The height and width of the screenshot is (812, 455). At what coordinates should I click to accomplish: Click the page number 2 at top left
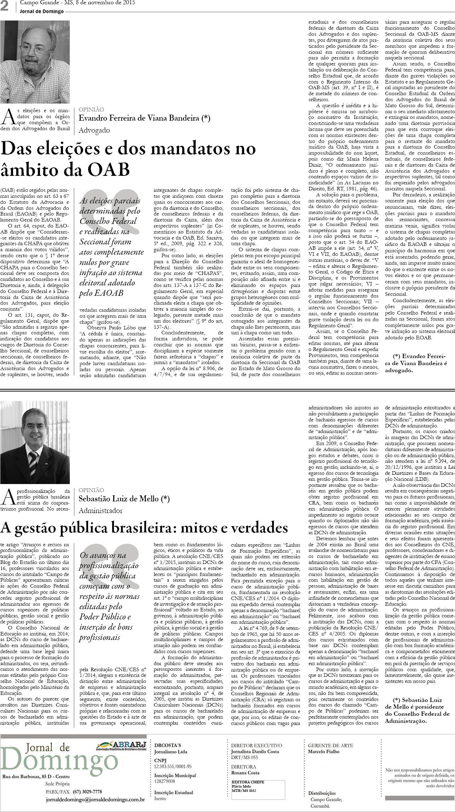point(5,7)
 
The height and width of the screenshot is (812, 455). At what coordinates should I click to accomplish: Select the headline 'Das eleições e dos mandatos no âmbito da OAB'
point(128,160)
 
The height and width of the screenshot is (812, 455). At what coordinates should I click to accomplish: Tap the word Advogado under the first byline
point(94,130)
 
